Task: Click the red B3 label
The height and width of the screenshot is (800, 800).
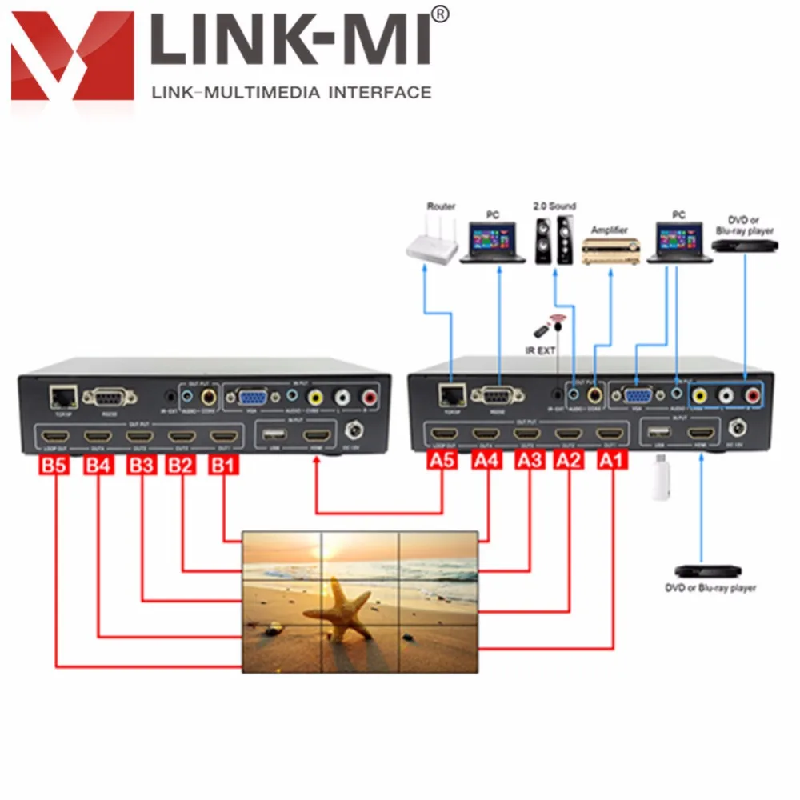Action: (142, 465)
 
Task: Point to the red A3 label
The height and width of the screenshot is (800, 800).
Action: (529, 460)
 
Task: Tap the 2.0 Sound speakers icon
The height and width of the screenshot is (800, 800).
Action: (554, 240)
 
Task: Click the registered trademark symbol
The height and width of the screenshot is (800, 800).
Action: (440, 14)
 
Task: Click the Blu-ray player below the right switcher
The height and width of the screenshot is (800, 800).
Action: (701, 571)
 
